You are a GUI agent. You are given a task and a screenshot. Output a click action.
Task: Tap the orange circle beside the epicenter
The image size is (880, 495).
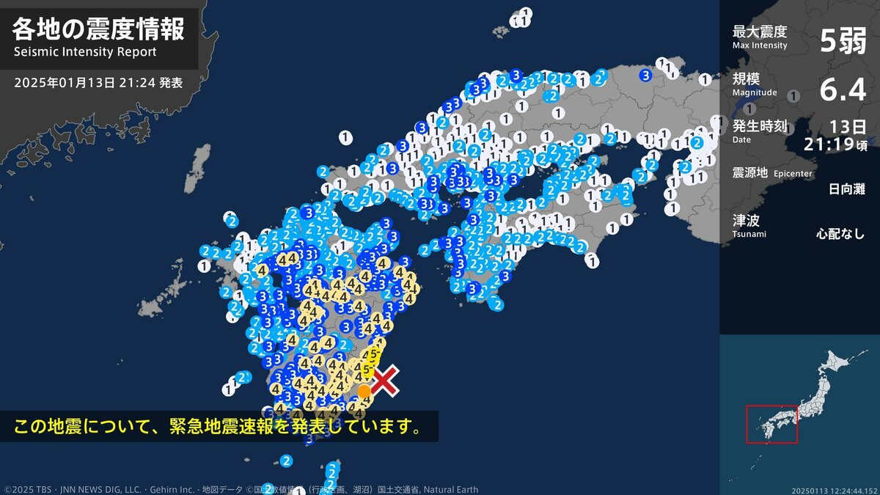364,391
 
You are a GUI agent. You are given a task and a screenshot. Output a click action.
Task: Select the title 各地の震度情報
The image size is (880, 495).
98,30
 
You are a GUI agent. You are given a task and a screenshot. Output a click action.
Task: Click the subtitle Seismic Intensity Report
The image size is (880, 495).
85,52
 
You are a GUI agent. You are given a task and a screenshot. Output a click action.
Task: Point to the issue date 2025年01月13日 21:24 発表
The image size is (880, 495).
98,83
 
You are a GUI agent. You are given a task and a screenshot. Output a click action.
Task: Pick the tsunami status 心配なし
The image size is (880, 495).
840,235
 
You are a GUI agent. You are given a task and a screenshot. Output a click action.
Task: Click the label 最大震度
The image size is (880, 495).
759,32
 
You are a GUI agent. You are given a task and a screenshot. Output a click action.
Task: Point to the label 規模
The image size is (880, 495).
746,78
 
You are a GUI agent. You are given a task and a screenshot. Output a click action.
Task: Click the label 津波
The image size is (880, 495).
746,219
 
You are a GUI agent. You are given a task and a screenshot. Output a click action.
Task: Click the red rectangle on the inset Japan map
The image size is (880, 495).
771,424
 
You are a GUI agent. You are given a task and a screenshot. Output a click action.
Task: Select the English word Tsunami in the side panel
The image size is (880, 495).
749,234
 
